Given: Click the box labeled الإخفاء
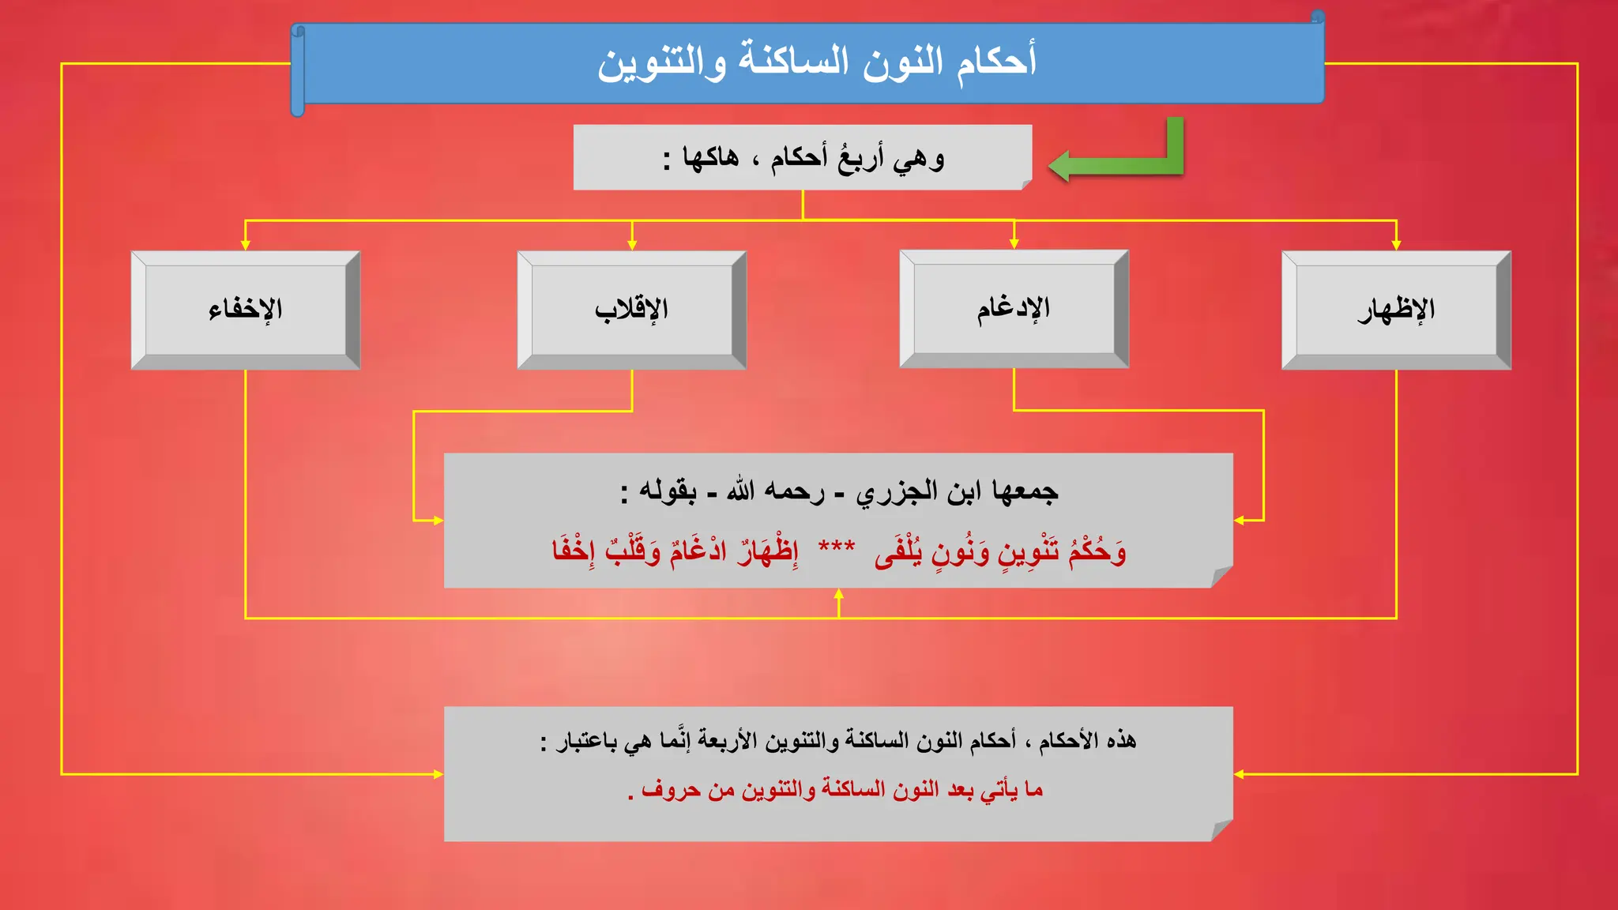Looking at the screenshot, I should coord(246,310).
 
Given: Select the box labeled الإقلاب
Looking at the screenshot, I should coord(631,310).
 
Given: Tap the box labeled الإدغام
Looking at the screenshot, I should coord(1014,308).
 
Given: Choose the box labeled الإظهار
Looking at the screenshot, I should coord(1396,310).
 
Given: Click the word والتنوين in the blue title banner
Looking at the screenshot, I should coord(661,62).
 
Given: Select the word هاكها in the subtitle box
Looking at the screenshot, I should coord(711,157).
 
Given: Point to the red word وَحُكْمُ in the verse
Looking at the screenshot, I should coord(1097,551).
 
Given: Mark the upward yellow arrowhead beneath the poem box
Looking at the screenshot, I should coord(839,594).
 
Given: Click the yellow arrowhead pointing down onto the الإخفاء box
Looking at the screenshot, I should coord(246,245).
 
